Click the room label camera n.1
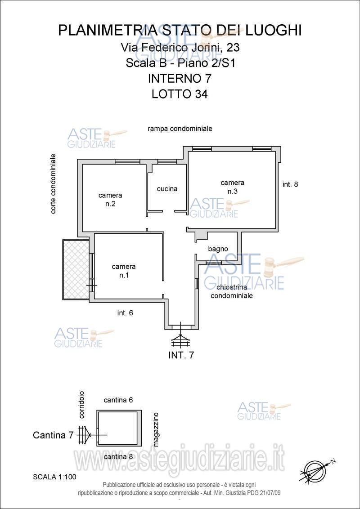pyautogui.click(x=123, y=271)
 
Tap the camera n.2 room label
pyautogui.click(x=110, y=200)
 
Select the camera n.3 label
pyautogui.click(x=232, y=187)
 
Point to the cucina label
pyautogui.click(x=167, y=188)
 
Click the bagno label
pyautogui.click(x=218, y=249)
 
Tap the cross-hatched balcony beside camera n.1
pyautogui.click(x=76, y=269)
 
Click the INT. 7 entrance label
pyautogui.click(x=181, y=355)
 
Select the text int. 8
pyautogui.click(x=290, y=184)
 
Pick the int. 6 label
pyautogui.click(x=125, y=313)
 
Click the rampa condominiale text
pyautogui.click(x=180, y=129)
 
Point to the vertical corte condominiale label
pyautogui.click(x=53, y=184)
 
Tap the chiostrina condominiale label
pyautogui.click(x=232, y=291)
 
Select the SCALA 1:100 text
pyautogui.click(x=54, y=477)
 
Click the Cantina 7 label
pyautogui.click(x=54, y=435)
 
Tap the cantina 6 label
pyautogui.click(x=119, y=400)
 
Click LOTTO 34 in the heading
pyautogui.click(x=180, y=94)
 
